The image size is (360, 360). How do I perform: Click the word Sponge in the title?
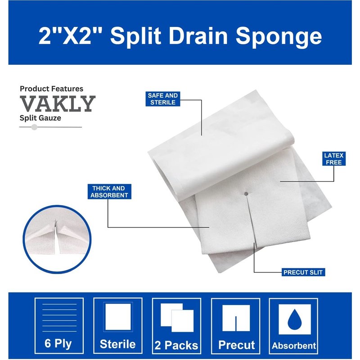click(x=279, y=36)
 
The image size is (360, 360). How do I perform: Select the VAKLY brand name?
click(x=58, y=104)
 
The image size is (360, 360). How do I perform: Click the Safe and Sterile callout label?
click(x=163, y=99)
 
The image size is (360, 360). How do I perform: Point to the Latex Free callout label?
click(x=333, y=159)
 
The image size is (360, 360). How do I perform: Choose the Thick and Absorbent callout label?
click(x=109, y=192)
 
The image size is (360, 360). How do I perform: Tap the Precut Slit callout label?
click(x=303, y=272)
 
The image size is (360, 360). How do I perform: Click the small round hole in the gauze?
click(x=246, y=194)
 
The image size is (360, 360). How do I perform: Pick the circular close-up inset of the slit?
click(x=57, y=239)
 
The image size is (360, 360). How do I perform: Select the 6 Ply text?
click(x=58, y=344)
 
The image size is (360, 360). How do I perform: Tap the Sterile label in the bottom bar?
click(x=118, y=344)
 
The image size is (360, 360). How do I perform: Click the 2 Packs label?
click(x=176, y=345)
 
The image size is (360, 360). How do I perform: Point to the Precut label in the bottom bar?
click(x=237, y=345)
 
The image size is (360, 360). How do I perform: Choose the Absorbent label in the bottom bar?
click(x=294, y=346)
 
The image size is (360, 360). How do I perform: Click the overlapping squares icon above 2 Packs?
click(x=177, y=318)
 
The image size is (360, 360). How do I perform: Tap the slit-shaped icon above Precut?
click(x=236, y=318)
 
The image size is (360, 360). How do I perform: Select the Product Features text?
click(x=51, y=89)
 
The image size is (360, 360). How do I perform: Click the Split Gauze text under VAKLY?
click(x=40, y=118)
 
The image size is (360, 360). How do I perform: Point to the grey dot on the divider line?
click(x=35, y=127)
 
